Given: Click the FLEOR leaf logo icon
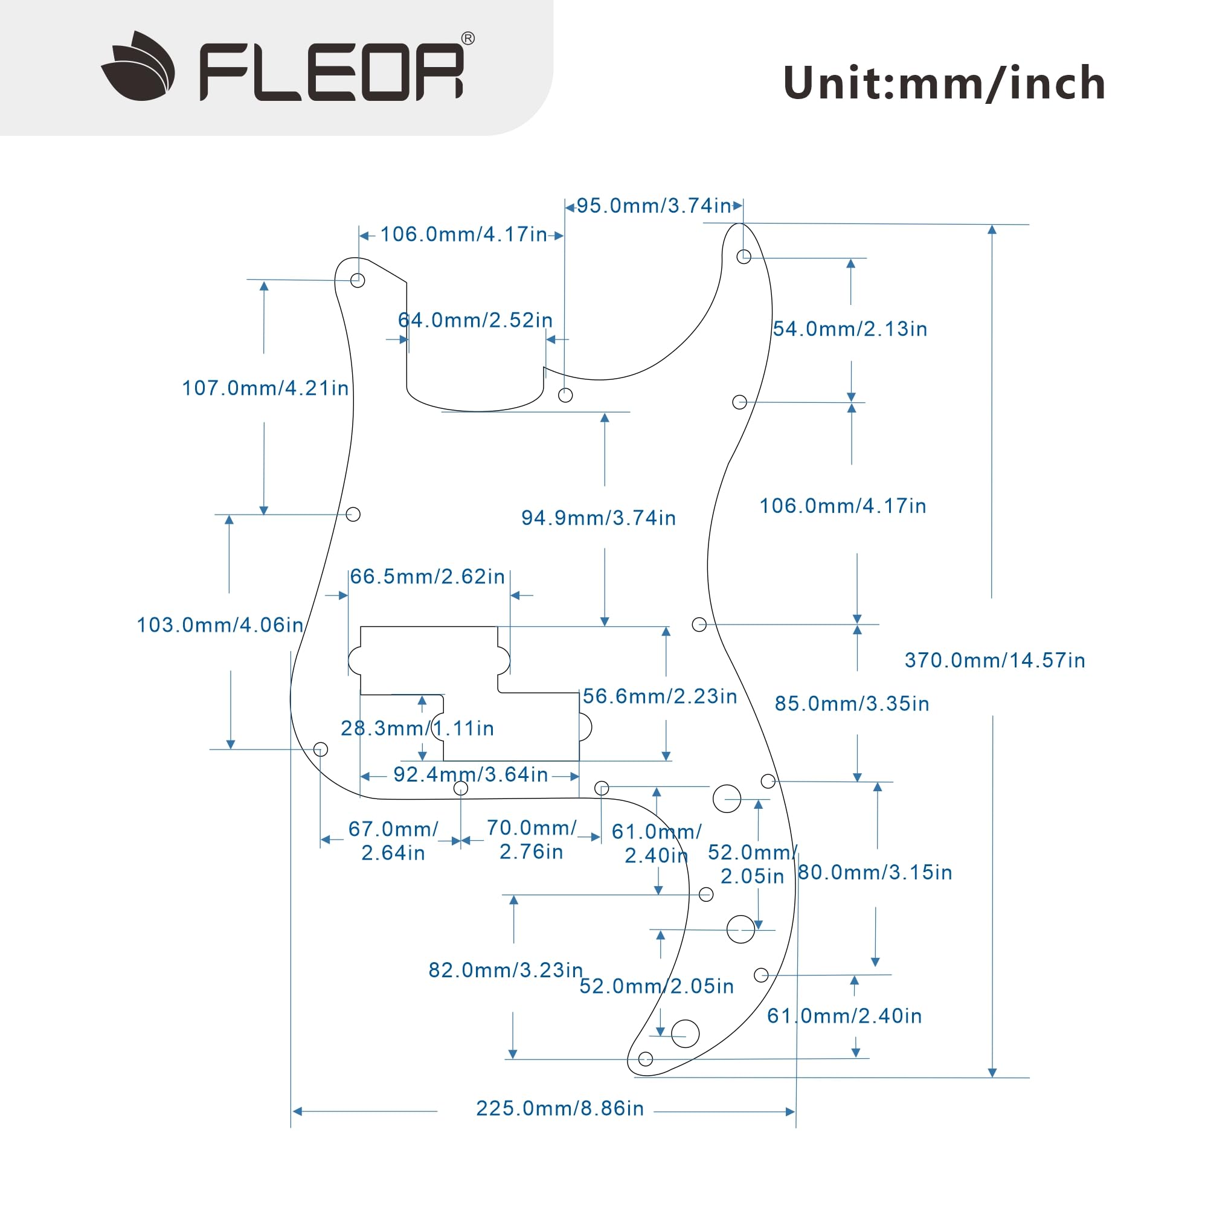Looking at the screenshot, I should tap(138, 66).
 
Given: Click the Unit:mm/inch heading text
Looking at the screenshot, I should tap(944, 83).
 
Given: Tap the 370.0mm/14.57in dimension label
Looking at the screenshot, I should tap(995, 660).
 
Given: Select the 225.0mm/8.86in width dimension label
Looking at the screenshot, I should tap(560, 1108).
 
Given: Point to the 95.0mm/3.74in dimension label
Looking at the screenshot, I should tap(654, 206).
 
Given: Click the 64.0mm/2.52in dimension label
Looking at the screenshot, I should tap(475, 320).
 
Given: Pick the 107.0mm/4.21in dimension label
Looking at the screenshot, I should tap(265, 388).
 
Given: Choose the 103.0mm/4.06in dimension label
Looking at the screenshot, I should tap(220, 625).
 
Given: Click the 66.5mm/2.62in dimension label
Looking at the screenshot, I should tap(427, 576).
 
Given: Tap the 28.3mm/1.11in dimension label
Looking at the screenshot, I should tap(417, 728).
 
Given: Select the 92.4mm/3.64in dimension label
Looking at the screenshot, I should tap(470, 775).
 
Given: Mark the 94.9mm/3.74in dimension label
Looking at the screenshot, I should tap(599, 518).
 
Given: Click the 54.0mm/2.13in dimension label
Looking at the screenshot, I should tap(850, 329).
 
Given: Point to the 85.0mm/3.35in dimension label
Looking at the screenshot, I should tap(852, 704).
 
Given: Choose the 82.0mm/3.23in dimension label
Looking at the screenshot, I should tap(505, 970).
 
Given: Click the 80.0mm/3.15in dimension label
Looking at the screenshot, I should tap(875, 872).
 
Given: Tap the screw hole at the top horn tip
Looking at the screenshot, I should tap(744, 256).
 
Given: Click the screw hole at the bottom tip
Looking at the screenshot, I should tap(646, 1059).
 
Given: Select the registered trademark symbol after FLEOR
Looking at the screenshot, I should tap(467, 39).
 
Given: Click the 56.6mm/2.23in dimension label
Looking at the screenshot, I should tap(660, 696).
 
